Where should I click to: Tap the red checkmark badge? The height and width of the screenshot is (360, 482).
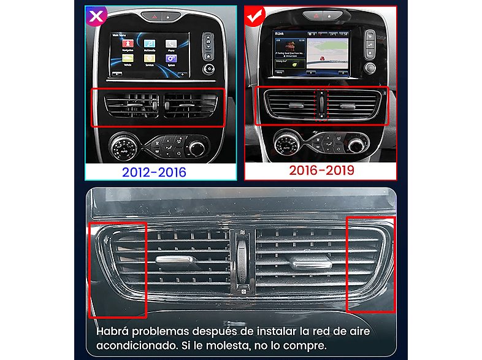pyautogui.click(x=253, y=16)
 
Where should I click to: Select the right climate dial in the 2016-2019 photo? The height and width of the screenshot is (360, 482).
pyautogui.click(x=355, y=144)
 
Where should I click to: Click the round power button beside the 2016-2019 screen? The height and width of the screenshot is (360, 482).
pyautogui.click(x=369, y=67)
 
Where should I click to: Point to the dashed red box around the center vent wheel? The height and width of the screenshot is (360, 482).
pyautogui.click(x=321, y=105)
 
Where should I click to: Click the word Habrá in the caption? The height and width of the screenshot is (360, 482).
pyautogui.click(x=111, y=331)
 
